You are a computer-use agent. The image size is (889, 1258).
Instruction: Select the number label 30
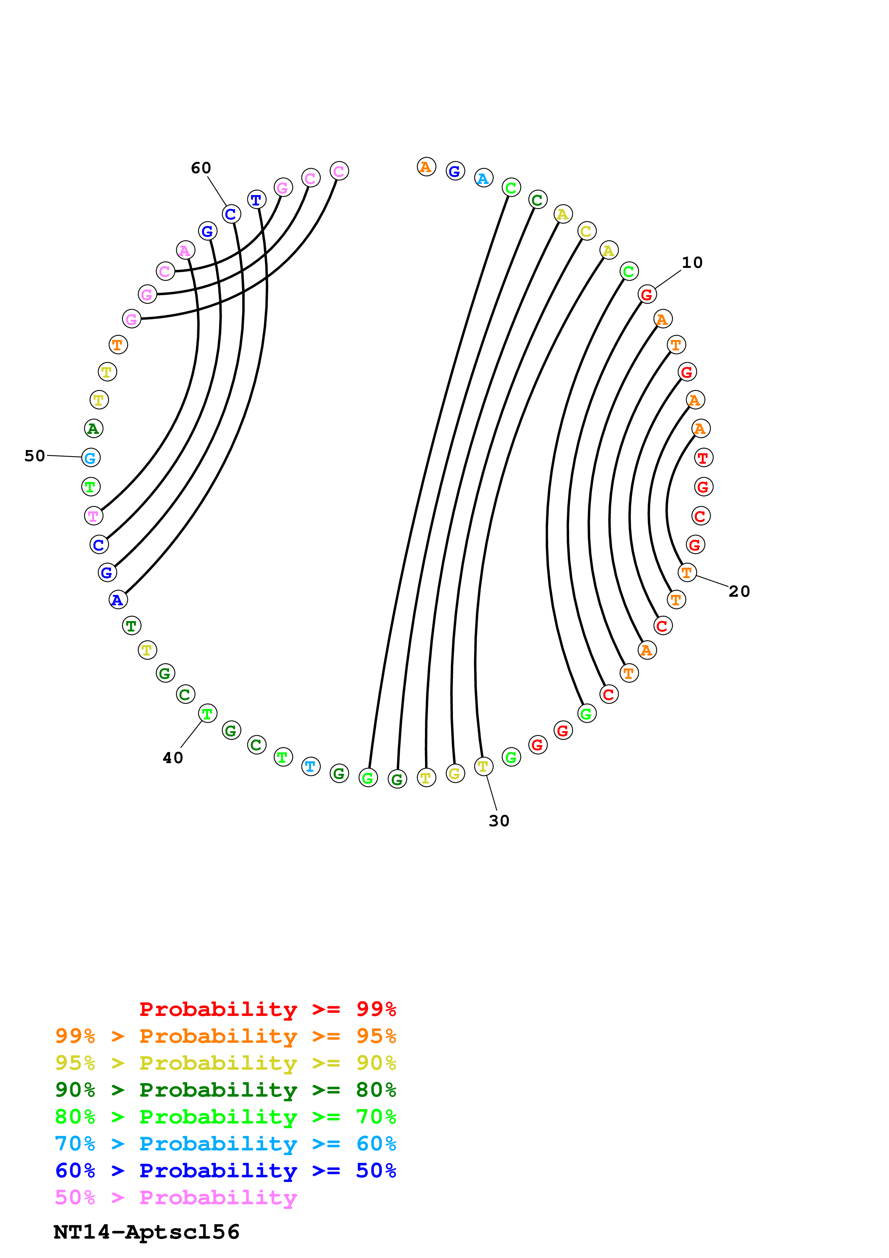tap(499, 821)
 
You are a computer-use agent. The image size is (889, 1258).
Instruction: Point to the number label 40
tap(173, 758)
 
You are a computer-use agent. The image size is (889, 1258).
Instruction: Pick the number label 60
tap(201, 168)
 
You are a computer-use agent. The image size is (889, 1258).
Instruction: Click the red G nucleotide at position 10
tap(647, 295)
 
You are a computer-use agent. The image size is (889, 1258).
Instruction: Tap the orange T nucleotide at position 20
tap(687, 573)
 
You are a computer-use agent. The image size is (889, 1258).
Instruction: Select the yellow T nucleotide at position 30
tap(483, 766)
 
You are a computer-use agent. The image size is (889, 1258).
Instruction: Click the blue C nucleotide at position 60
tap(231, 214)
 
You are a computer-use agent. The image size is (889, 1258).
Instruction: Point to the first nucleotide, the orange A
tap(426, 166)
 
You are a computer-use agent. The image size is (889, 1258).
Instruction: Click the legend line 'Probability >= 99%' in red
tap(267, 1009)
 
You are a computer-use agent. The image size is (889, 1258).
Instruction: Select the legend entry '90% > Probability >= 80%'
tap(225, 1090)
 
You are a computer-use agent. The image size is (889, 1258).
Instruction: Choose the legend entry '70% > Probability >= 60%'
tap(225, 1144)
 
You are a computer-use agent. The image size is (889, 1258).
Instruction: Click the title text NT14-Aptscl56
tap(146, 1232)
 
